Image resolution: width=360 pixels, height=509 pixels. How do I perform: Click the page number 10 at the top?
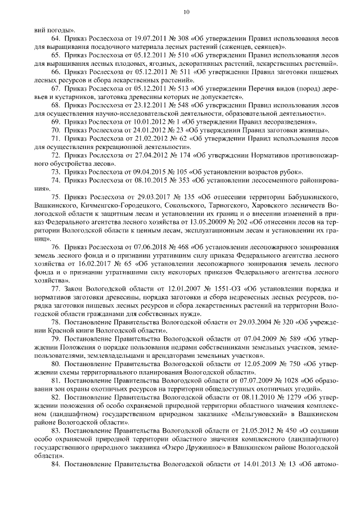186,12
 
